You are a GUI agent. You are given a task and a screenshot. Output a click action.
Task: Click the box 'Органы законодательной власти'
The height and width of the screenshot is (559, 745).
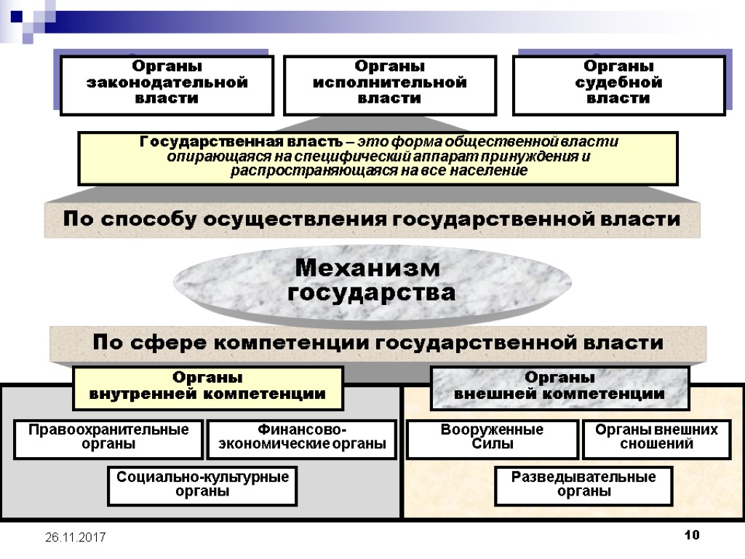point(167,85)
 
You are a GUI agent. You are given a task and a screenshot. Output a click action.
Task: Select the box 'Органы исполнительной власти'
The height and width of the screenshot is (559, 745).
point(389,85)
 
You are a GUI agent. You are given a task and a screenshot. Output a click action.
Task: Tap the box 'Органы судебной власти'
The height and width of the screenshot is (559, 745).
point(618,85)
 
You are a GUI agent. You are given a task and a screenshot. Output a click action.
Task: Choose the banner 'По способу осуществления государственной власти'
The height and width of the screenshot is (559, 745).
point(372,219)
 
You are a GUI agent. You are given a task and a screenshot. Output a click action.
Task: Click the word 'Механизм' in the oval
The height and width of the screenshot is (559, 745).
point(367,268)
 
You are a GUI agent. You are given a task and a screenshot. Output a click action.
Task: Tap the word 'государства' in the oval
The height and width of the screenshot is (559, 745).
point(372,293)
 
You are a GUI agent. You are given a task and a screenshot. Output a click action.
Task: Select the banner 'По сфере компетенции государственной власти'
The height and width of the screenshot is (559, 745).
point(378,343)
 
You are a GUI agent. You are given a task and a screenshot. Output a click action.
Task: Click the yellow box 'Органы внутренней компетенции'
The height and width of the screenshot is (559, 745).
point(207,387)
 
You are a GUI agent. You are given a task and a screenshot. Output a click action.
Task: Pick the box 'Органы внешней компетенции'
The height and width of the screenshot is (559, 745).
point(559,387)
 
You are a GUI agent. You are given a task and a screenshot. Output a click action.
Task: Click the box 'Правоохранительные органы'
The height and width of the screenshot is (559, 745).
point(108,437)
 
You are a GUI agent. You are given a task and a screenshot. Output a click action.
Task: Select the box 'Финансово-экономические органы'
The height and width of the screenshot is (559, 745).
point(301,437)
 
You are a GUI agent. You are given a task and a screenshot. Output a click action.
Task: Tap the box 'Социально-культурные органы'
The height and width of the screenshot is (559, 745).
point(202,485)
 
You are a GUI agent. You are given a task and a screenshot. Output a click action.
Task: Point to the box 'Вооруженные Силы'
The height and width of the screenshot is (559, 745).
point(492,437)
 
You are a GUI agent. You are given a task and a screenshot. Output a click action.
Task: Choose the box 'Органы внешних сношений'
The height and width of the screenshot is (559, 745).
point(656,437)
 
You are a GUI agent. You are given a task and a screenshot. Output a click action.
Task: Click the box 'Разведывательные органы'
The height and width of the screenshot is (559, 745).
point(583,485)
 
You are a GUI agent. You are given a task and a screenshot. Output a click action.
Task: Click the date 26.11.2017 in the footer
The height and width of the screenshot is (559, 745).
point(75,537)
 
